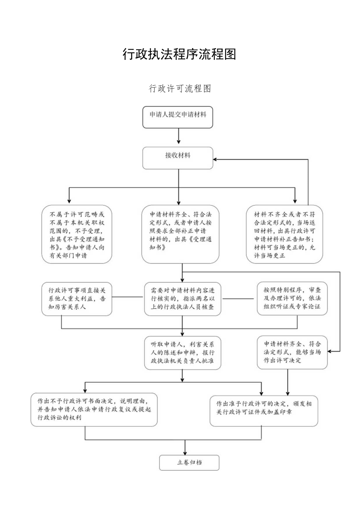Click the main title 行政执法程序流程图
[x=180, y=55]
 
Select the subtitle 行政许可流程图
[x=180, y=89]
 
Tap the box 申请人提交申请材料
[x=178, y=117]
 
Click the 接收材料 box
[x=178, y=158]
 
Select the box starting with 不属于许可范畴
[x=77, y=234]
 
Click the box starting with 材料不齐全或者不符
[x=284, y=234]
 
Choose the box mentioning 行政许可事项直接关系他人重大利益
[x=77, y=299]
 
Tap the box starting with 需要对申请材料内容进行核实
[x=182, y=299]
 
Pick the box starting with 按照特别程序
[x=292, y=299]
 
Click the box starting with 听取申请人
[x=182, y=353]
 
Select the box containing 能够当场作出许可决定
[x=292, y=352]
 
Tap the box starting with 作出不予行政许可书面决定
[x=94, y=409]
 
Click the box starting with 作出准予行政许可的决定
[x=264, y=409]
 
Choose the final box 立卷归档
[x=189, y=462]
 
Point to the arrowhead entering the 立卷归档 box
[x=185, y=453]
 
